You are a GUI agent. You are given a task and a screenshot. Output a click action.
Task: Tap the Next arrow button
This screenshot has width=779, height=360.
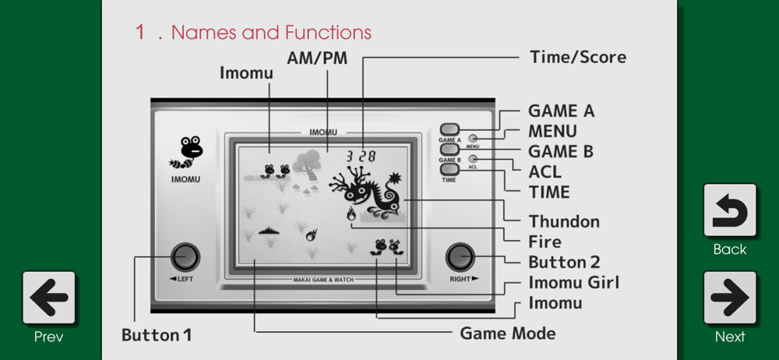click(x=730, y=298)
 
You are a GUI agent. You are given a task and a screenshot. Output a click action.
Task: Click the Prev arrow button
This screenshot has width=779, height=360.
click(x=48, y=298)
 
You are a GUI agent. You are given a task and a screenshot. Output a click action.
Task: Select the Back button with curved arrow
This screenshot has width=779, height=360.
click(x=730, y=210)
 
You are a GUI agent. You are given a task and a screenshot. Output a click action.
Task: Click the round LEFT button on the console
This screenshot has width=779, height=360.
click(x=185, y=257)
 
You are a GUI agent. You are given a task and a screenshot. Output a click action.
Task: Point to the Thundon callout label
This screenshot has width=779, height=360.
click(x=564, y=221)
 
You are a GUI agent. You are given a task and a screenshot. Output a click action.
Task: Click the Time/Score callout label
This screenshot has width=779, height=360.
click(x=578, y=57)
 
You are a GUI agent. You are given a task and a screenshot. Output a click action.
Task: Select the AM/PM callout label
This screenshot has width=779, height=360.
click(x=317, y=58)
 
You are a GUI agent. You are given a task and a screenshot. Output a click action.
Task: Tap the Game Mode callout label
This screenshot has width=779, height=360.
click(x=508, y=334)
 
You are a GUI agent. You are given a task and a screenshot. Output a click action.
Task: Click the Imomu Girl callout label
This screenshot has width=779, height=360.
click(x=574, y=282)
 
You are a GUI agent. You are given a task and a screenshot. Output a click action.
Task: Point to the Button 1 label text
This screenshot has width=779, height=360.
click(x=157, y=335)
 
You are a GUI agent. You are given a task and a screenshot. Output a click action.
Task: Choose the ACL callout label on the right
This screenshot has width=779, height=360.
click(x=545, y=171)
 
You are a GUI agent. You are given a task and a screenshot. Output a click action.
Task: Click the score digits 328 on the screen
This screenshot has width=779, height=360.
click(x=361, y=157)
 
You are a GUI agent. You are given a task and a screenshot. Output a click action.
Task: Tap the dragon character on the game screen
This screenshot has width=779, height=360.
click(x=368, y=192)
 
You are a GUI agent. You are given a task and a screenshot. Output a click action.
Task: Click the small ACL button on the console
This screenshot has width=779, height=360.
click(x=473, y=159)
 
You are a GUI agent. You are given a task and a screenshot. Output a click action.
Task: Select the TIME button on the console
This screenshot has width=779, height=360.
click(x=449, y=169)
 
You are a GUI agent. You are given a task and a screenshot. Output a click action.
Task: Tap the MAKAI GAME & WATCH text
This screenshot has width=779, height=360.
click(x=323, y=280)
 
